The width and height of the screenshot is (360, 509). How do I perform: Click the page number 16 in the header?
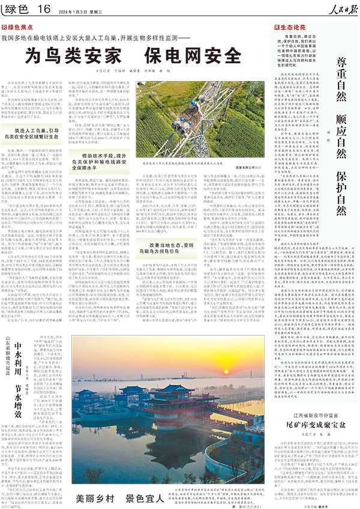(x=44, y=8)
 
